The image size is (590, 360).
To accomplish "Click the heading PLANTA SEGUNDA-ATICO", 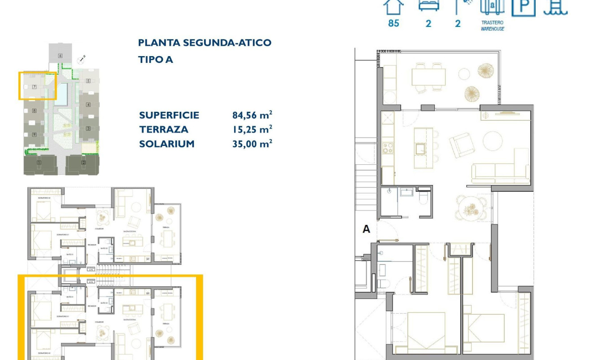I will [205, 43].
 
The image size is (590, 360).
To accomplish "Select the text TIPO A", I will [155, 60].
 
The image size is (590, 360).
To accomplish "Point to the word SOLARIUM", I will [166, 144].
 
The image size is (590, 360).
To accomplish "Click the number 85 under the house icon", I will [393, 23].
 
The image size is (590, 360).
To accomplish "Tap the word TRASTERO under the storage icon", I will [492, 22].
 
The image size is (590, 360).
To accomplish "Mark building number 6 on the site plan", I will [60, 56].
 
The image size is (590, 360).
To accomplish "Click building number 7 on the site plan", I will [34, 87].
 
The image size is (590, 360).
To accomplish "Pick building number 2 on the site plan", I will [83, 162].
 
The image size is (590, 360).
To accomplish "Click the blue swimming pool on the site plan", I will [61, 94].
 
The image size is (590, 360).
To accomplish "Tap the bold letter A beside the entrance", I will [366, 229].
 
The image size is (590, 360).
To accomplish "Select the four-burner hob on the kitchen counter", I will [388, 148].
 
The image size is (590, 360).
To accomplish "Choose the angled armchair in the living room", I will [461, 145].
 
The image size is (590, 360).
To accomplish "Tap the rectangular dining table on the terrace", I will [428, 77].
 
